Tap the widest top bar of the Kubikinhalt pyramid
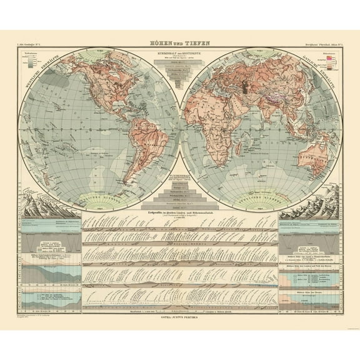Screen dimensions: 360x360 coord(180,67)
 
